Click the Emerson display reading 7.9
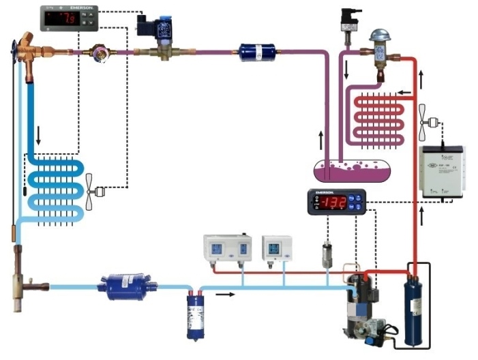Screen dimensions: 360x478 click(x=69, y=18)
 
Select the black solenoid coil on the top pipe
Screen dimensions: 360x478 click(x=149, y=26)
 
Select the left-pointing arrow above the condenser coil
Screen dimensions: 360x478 click(x=404, y=91)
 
